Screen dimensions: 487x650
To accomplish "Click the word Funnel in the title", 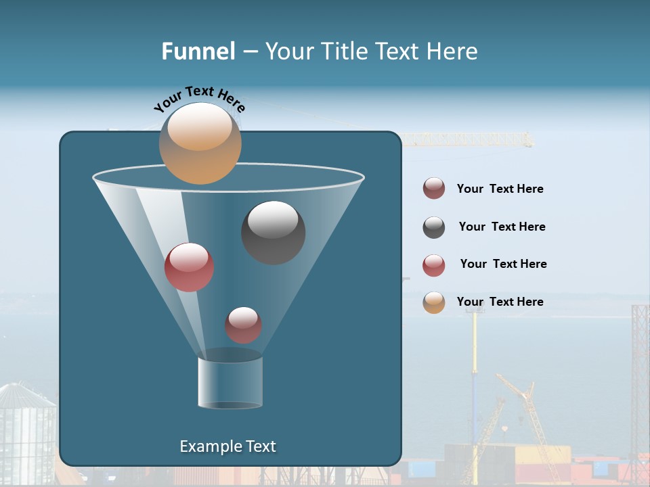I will [198, 51].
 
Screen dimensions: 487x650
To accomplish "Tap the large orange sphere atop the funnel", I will [200, 143].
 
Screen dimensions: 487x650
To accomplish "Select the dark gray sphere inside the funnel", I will [273, 232].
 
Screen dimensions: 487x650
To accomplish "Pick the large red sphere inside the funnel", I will [189, 267].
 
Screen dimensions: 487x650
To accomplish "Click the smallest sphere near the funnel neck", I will [243, 325].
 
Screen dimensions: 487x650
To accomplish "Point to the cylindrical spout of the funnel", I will [230, 382].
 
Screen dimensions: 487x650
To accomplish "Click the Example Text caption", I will [227, 446].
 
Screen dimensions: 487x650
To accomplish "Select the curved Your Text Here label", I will [200, 98].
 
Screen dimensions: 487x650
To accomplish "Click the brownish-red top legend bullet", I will [434, 188].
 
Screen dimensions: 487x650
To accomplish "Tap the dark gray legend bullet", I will [434, 227].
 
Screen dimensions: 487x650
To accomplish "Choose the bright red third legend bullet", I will [434, 265].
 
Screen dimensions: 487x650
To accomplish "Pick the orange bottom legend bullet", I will [434, 302].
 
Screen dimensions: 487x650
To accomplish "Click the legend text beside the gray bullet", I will [502, 227].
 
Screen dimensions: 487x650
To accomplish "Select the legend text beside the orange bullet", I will [500, 302].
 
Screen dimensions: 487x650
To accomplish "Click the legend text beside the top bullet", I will [500, 189].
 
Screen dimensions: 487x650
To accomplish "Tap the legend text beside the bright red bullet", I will [503, 264].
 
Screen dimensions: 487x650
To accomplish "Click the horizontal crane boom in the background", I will [467, 140].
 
